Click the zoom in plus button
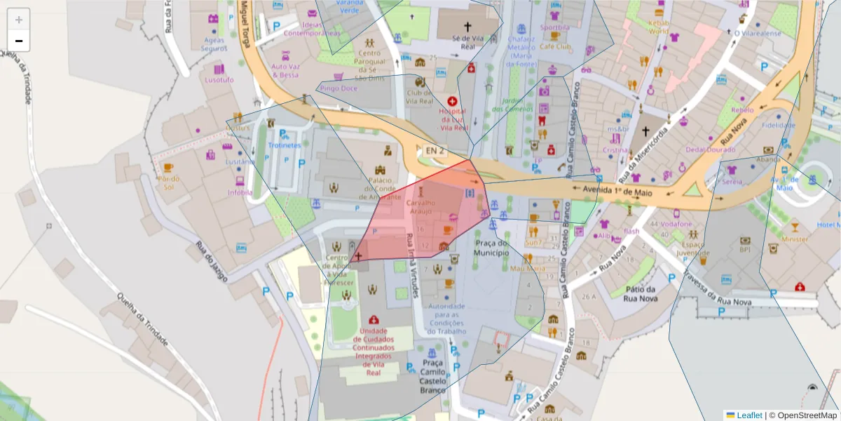point(19,20)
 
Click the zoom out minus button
point(19,41)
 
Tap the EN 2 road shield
point(435,151)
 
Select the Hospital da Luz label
point(452,119)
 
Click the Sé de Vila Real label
point(469,43)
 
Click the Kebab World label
point(658,27)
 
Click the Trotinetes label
point(283,145)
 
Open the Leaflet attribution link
point(749,415)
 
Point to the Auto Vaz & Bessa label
point(285,70)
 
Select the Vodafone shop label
point(676,225)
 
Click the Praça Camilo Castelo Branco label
point(433,376)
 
